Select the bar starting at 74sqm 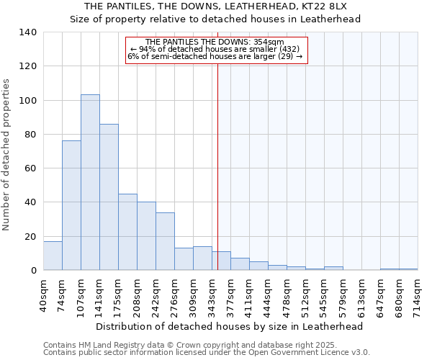[71, 205]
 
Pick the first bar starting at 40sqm [53, 256]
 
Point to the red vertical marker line [217, 166]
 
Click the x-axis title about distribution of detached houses [229, 326]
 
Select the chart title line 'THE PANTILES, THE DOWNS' [215, 6]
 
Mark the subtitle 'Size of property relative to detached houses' [215, 19]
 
